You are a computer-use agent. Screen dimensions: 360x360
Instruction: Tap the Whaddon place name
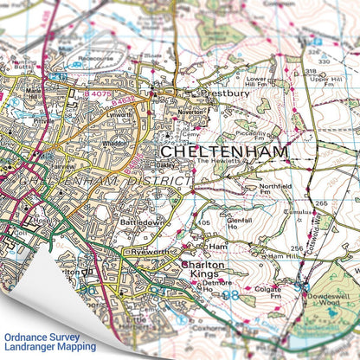pos(114,144)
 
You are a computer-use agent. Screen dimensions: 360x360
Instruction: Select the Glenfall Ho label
pos(236,222)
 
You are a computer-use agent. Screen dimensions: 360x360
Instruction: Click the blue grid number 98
pos(229,295)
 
